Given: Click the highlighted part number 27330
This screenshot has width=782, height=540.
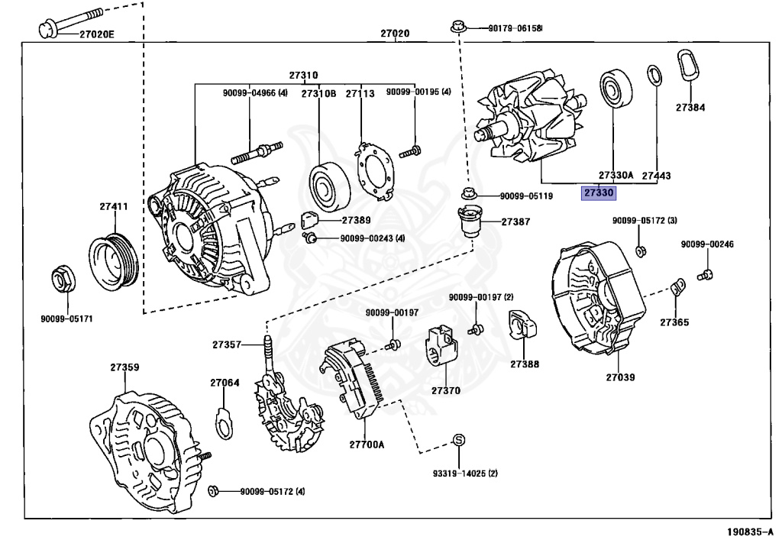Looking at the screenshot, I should click(598, 193).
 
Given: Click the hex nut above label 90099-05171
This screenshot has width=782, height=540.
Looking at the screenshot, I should click(62, 279).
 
